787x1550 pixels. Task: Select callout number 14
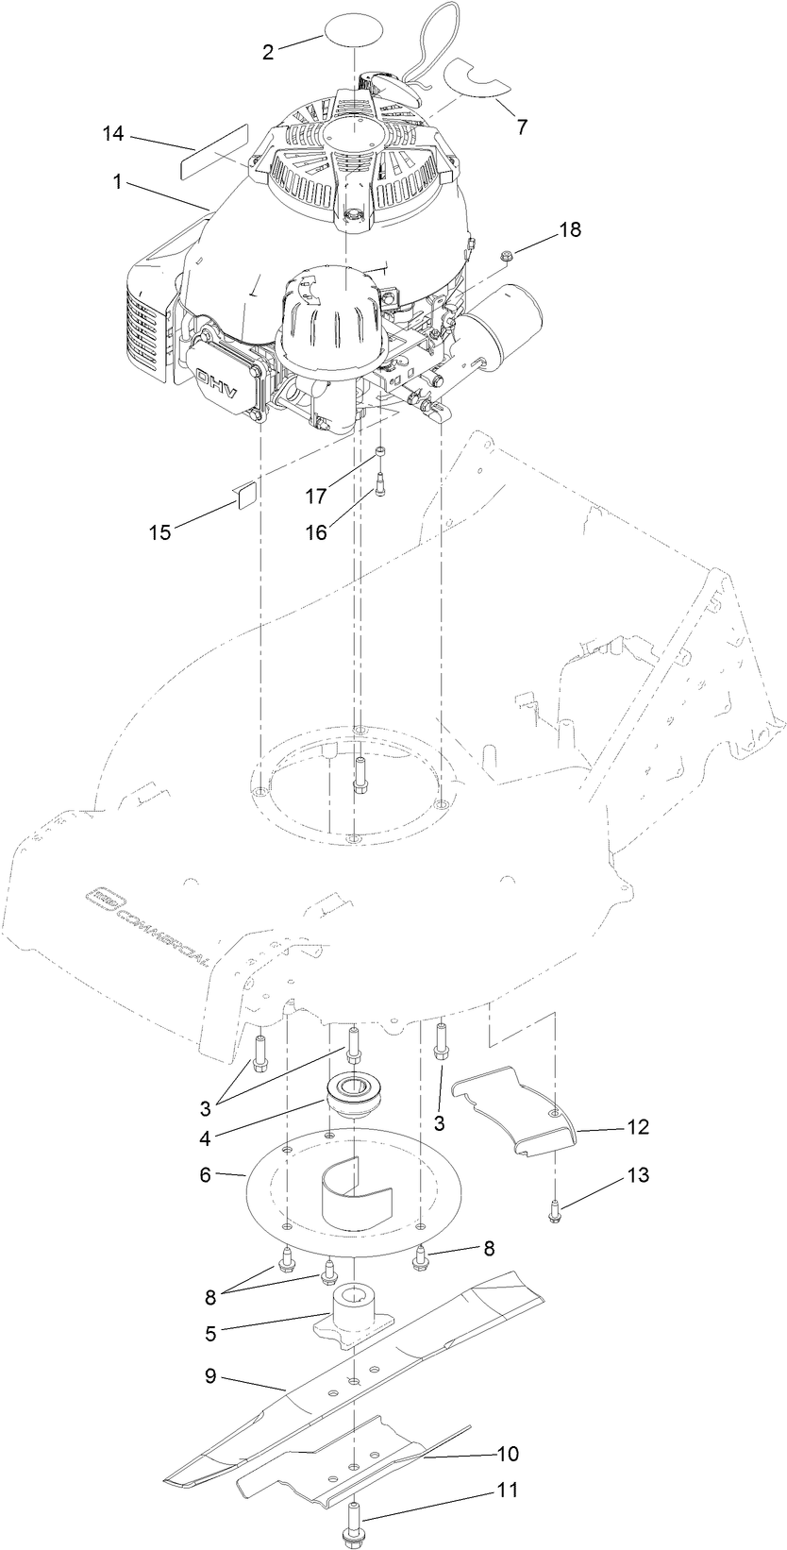pyautogui.click(x=113, y=135)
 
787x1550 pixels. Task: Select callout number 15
pyautogui.click(x=160, y=532)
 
